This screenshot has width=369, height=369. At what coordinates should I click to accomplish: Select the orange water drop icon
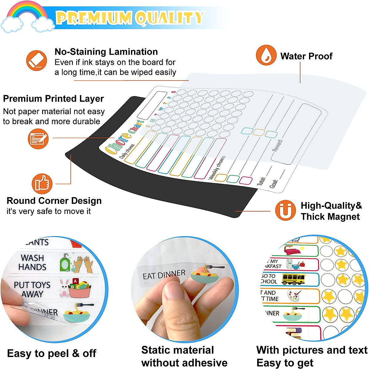pyautogui.click(x=266, y=55)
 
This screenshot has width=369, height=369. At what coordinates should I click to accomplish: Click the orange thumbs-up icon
pyautogui.click(x=42, y=184)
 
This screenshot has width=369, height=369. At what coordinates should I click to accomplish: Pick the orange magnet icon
pyautogui.click(x=285, y=211)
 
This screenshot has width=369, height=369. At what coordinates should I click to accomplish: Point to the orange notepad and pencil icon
pyautogui.click(x=38, y=139)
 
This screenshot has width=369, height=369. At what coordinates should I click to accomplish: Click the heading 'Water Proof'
pyautogui.click(x=306, y=56)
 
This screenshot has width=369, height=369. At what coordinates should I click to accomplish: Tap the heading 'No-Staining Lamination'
pyautogui.click(x=106, y=52)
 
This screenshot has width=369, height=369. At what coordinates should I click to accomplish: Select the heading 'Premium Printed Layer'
pyautogui.click(x=54, y=99)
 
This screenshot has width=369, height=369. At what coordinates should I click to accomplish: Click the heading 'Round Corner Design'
pyautogui.click(x=54, y=201)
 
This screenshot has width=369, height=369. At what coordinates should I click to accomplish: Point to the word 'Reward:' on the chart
pyautogui.click(x=277, y=145)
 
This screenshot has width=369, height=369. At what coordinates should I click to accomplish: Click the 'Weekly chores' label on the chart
pyautogui.click(x=217, y=168)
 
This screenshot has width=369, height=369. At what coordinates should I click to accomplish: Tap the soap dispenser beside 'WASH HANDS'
pyautogui.click(x=65, y=263)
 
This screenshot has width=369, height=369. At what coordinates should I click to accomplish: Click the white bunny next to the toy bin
pyautogui.click(x=64, y=288)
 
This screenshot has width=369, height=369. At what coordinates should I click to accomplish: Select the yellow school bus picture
pyautogui.click(x=293, y=279)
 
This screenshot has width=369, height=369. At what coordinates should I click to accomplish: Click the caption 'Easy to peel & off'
pyautogui.click(x=52, y=353)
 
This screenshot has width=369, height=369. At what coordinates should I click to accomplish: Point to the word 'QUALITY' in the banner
pyautogui.click(x=170, y=18)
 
